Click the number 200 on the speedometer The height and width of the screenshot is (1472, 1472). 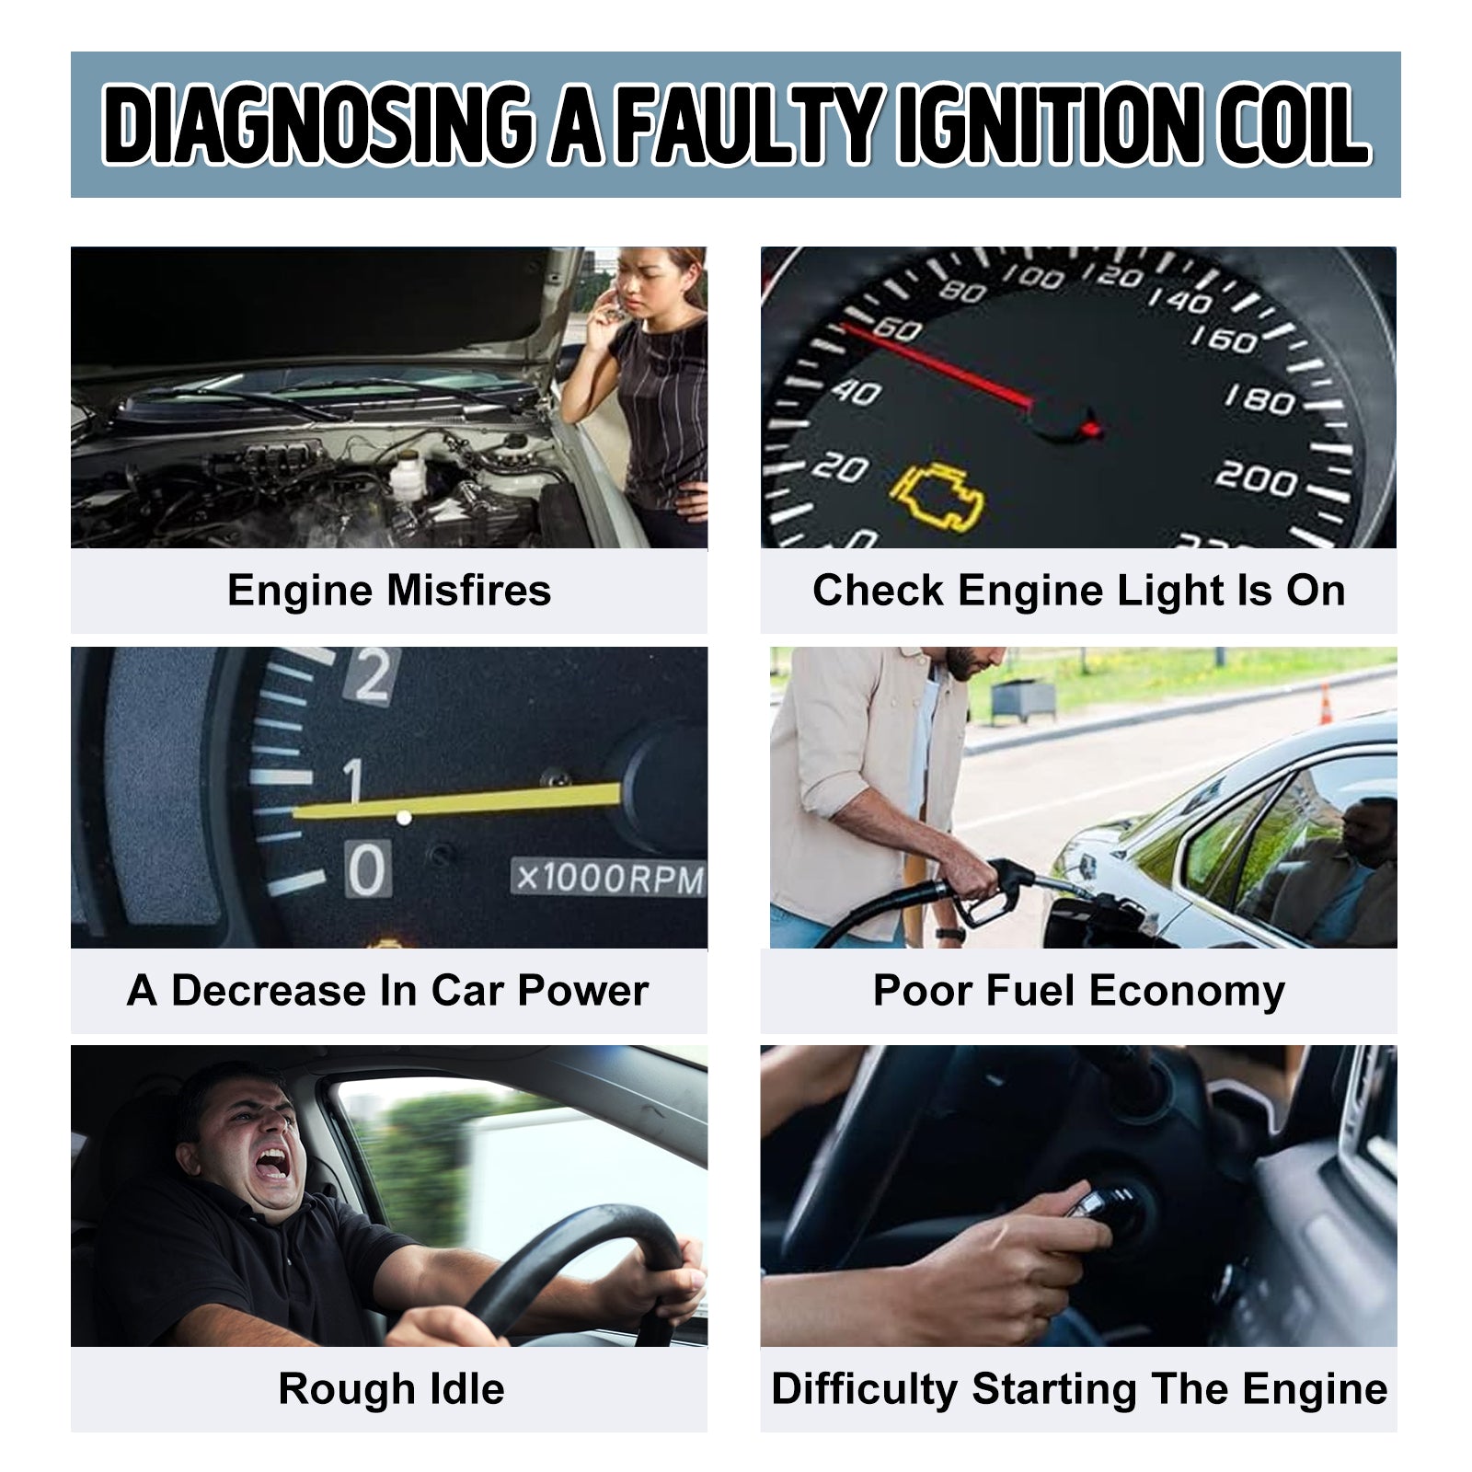1258,478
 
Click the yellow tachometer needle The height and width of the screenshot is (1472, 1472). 457,800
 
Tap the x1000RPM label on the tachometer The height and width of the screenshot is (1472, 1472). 609,878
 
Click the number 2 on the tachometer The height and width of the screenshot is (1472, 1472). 372,675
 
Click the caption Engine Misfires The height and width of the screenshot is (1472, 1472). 389,591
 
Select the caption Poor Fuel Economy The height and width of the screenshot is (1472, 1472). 1078,991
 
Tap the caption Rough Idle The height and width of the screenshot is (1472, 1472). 391,1389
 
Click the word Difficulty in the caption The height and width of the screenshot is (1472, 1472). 864,1389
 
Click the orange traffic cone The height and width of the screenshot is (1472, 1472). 1326,705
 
